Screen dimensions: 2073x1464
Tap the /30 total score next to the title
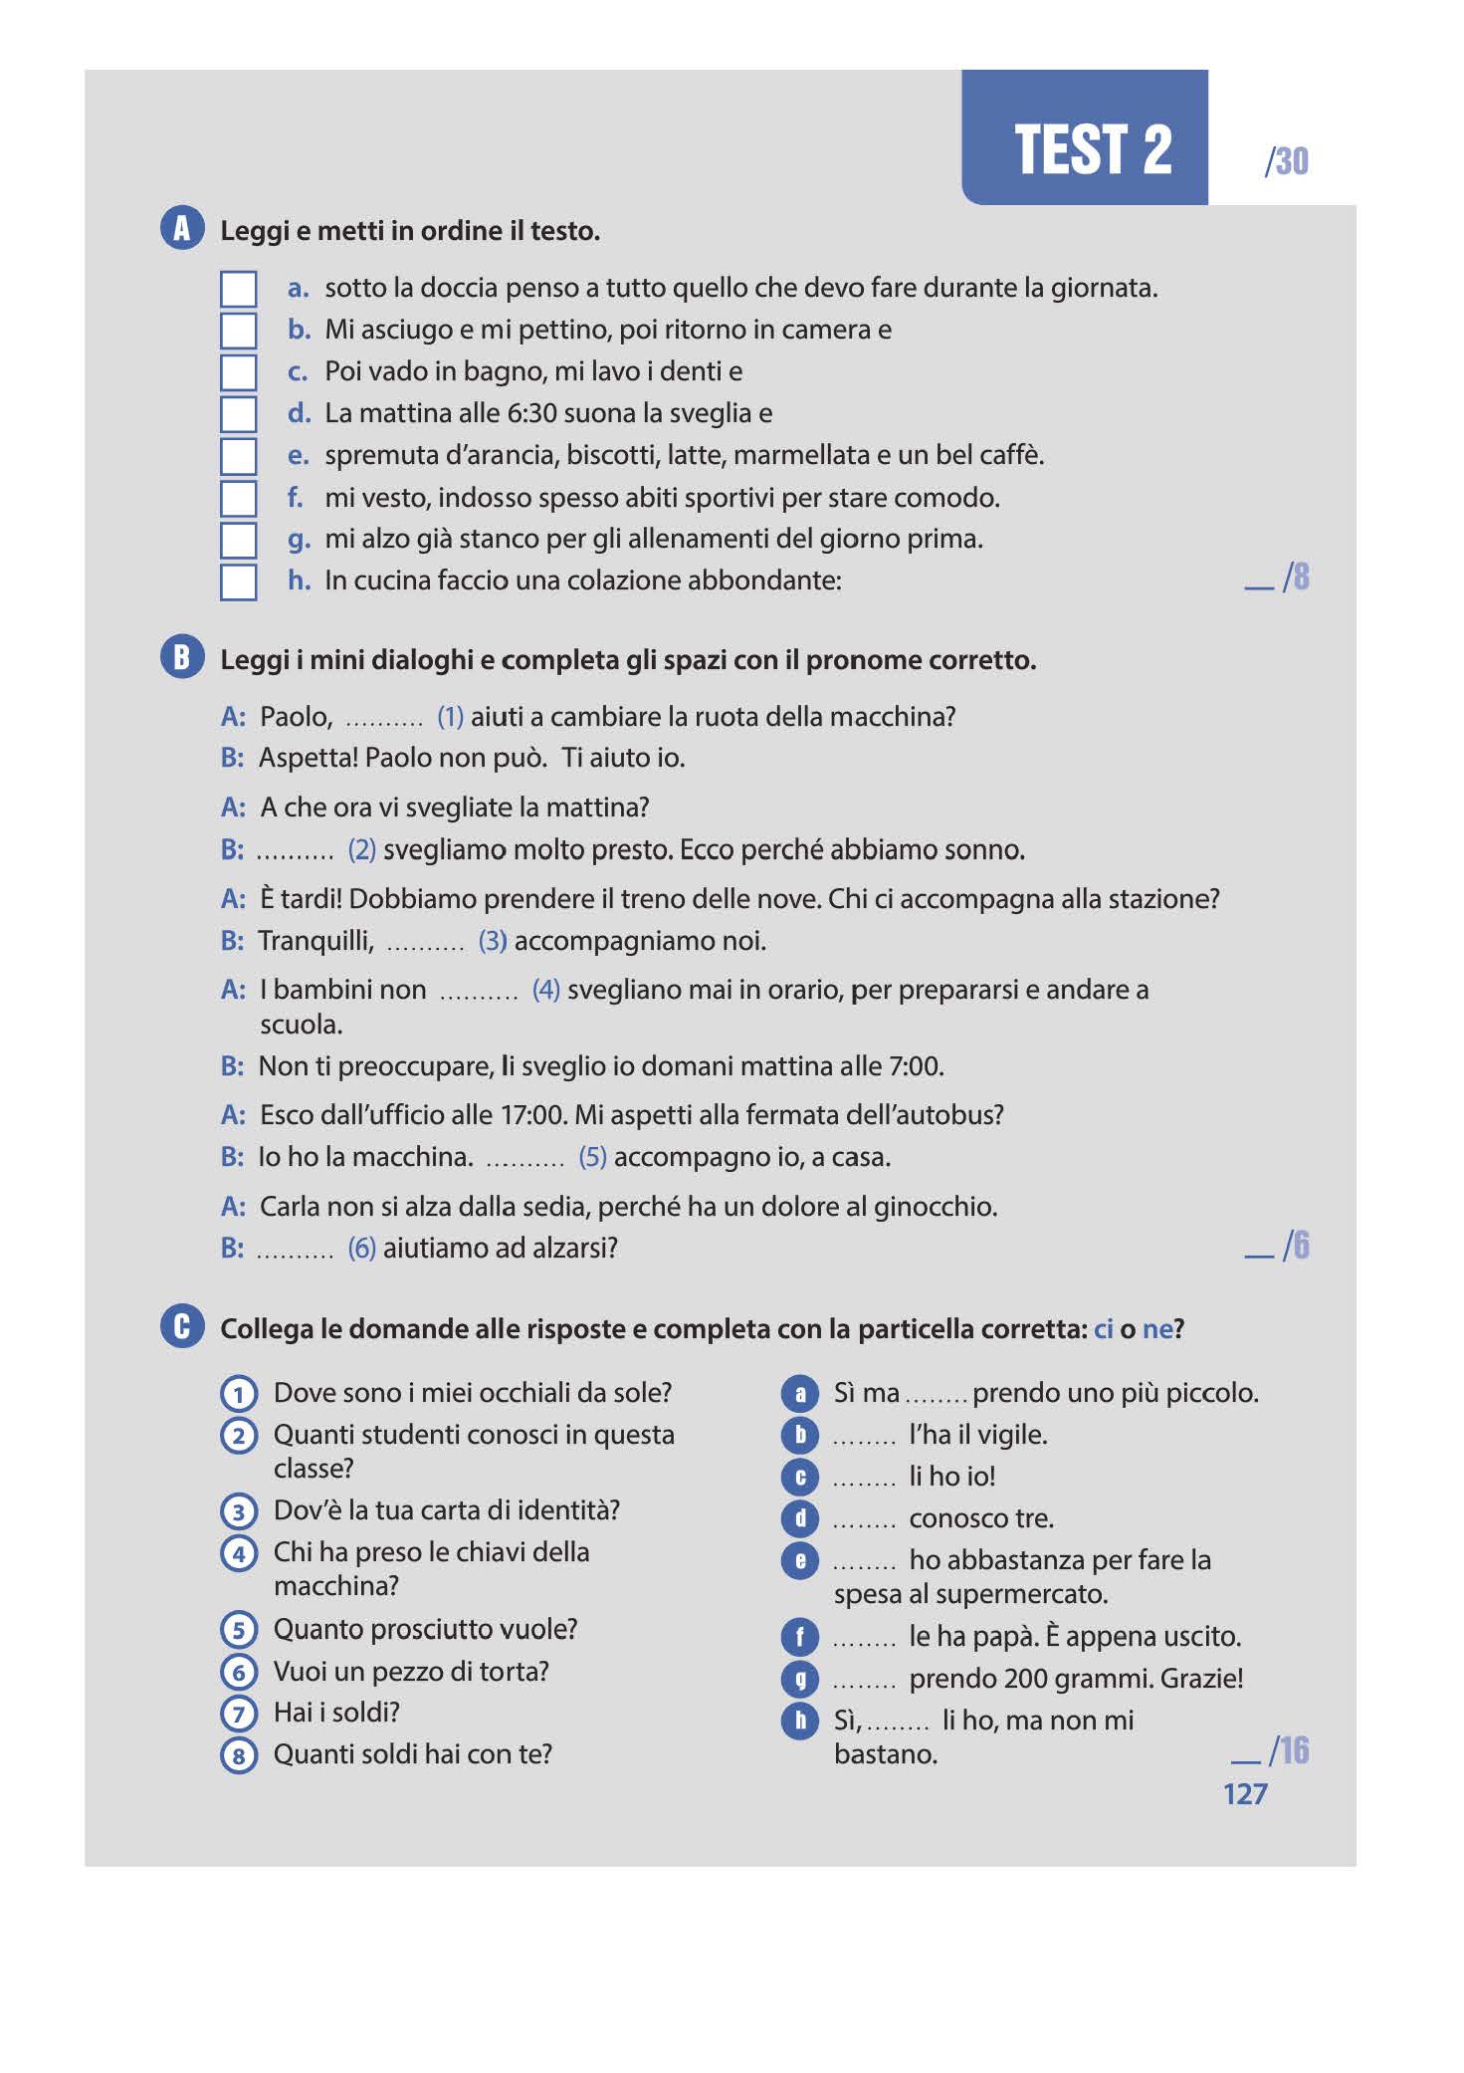pyautogui.click(x=1286, y=161)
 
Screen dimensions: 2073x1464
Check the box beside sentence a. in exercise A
pyautogui.click(x=238, y=289)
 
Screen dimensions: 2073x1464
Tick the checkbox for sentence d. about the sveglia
pyautogui.click(x=238, y=414)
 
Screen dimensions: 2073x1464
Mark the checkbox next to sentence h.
pyautogui.click(x=238, y=581)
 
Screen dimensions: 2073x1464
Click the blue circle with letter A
pyautogui.click(x=182, y=229)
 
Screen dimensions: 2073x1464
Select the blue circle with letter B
pyautogui.click(x=182, y=658)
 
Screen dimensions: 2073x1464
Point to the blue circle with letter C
pyautogui.click(x=182, y=1326)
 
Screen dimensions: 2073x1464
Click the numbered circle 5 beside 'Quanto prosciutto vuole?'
pyautogui.click(x=239, y=1630)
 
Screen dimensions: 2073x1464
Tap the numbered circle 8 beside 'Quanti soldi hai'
pyautogui.click(x=239, y=1754)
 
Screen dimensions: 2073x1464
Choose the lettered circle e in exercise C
pyautogui.click(x=800, y=1560)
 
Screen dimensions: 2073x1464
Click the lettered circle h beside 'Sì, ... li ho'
pyautogui.click(x=800, y=1721)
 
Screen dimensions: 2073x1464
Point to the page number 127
pyautogui.click(x=1245, y=1794)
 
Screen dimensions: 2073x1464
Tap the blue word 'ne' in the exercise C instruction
pyautogui.click(x=1156, y=1329)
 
